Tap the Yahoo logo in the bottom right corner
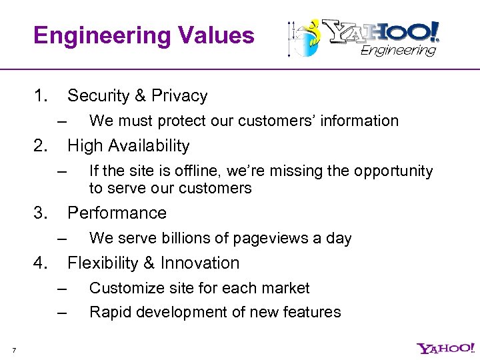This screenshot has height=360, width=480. click(x=445, y=348)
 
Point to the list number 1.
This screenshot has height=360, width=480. click(x=41, y=96)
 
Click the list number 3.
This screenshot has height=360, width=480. click(x=41, y=213)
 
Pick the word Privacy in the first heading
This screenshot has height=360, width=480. click(x=179, y=96)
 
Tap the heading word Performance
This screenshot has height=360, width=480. click(x=117, y=213)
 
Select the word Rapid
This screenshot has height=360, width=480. click(x=109, y=312)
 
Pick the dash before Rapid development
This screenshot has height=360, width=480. click(x=63, y=313)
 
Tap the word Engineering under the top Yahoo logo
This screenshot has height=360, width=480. click(x=399, y=51)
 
